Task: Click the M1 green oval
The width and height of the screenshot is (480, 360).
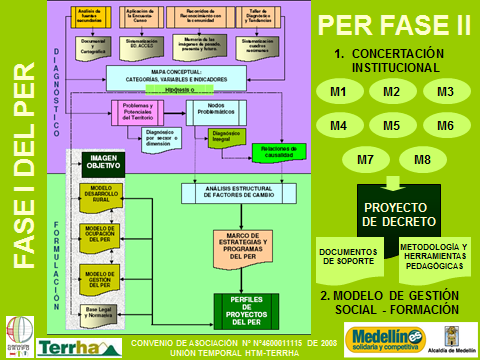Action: coord(340,93)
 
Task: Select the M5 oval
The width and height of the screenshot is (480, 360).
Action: coord(391,126)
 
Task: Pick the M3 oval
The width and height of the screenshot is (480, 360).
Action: coord(446,93)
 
